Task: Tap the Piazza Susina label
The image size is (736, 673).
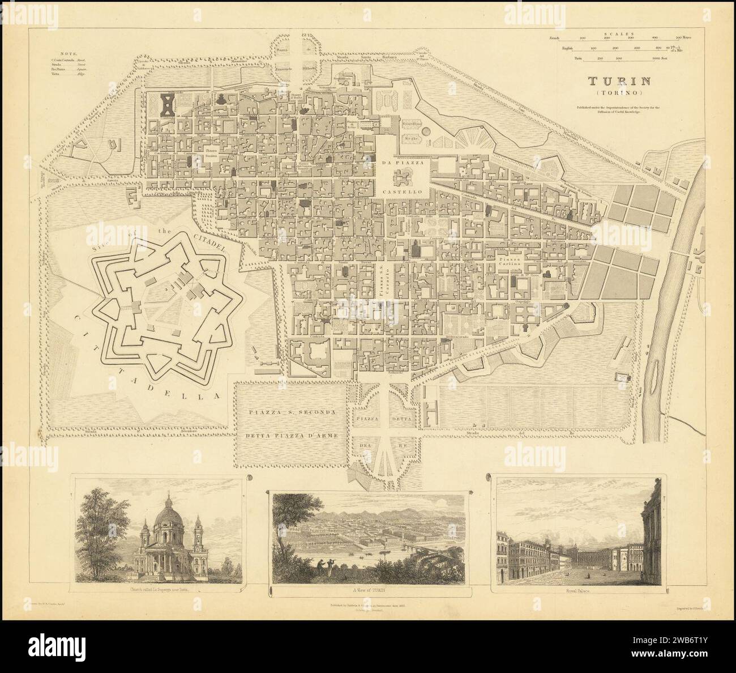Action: (211, 154)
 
